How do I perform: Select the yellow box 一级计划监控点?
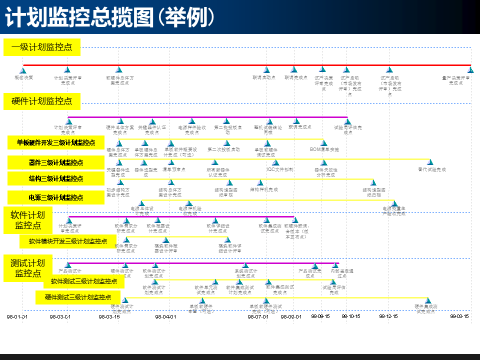[42, 47]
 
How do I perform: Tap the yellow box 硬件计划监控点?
[42, 101]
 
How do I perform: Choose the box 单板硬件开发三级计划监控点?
[56, 142]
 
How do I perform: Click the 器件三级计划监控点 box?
[56, 162]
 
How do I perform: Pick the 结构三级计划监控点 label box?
[56, 178]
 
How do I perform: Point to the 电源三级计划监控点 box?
[56, 197]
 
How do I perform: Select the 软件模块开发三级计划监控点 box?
[68, 241]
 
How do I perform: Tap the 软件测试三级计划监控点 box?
[84, 281]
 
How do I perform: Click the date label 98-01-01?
[17, 316]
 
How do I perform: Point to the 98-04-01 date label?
[165, 316]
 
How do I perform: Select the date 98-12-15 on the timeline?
[388, 316]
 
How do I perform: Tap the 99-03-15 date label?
[459, 316]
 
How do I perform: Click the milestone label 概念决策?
[23, 77]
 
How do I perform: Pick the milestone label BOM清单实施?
[324, 149]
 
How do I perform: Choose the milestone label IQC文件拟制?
[280, 169]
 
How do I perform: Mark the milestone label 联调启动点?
[264, 77]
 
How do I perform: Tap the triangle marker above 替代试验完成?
[430, 162]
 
